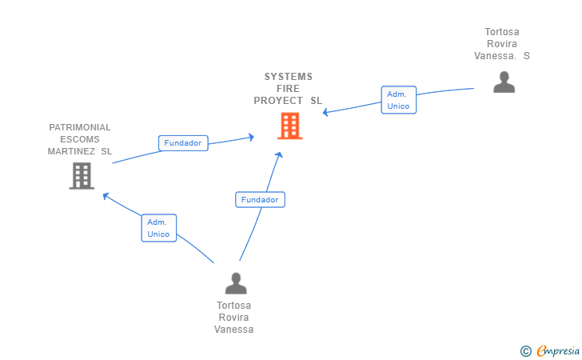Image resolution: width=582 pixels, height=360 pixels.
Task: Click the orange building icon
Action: click(x=289, y=126)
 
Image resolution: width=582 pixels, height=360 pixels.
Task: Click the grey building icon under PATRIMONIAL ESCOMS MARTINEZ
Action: click(x=81, y=175)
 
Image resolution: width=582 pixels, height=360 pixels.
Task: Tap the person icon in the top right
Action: click(x=504, y=82)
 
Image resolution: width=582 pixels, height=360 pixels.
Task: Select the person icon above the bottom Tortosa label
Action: click(x=236, y=283)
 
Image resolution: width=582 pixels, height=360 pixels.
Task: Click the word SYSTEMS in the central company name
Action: click(x=289, y=77)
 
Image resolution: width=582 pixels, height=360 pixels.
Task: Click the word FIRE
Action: click(x=289, y=89)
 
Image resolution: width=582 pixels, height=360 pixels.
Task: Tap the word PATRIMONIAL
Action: click(x=80, y=127)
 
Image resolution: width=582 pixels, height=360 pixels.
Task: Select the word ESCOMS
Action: click(x=80, y=139)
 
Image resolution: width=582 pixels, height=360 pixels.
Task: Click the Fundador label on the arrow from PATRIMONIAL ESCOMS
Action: click(x=183, y=143)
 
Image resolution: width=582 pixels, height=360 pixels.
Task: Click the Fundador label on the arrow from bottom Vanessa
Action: click(x=260, y=199)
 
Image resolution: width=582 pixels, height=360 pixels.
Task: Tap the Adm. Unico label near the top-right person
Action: click(x=398, y=100)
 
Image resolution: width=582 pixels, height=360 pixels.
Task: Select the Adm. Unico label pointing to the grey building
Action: click(x=158, y=228)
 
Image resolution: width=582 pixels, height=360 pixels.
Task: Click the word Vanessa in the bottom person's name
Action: click(x=234, y=330)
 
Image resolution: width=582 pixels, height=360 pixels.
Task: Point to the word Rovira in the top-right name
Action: click(x=501, y=44)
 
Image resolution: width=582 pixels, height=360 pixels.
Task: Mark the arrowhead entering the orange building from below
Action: click(x=279, y=154)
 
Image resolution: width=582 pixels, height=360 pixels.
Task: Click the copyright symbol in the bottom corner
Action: click(x=525, y=350)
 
